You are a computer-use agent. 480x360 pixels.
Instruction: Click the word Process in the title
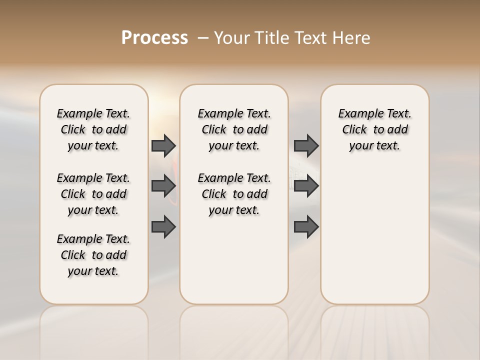(154, 38)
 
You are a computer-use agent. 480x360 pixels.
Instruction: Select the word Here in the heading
(352, 38)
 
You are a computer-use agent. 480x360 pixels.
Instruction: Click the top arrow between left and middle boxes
(163, 145)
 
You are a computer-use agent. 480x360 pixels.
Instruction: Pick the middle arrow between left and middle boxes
(163, 186)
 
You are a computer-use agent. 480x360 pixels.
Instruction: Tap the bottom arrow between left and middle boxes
(163, 227)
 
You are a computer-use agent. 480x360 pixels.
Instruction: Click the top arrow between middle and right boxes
(306, 145)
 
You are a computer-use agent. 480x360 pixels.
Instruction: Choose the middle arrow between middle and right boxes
(306, 186)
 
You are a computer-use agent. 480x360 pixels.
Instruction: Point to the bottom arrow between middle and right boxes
(306, 227)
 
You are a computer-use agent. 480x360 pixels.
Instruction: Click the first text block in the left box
(93, 129)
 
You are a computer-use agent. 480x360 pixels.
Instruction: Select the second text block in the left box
(93, 194)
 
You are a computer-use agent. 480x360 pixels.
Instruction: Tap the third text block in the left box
(93, 255)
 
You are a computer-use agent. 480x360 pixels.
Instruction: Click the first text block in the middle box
(234, 129)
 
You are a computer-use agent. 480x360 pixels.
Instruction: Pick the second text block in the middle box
(234, 194)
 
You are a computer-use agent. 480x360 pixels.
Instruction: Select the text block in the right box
(374, 129)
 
